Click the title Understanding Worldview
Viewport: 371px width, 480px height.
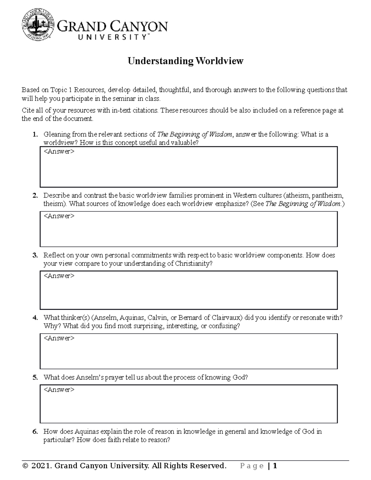pyautogui.click(x=185, y=61)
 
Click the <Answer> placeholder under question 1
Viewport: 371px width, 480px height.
pyautogui.click(x=59, y=152)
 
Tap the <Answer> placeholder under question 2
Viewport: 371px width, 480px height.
pyautogui.click(x=59, y=216)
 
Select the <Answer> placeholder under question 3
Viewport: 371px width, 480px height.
pyautogui.click(x=59, y=276)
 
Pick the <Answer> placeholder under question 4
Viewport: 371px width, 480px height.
pyautogui.click(x=59, y=338)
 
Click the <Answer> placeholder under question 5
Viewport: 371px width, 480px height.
pyautogui.click(x=59, y=390)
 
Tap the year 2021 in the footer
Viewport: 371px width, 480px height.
pyautogui.click(x=41, y=466)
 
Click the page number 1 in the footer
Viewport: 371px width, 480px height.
pyautogui.click(x=275, y=466)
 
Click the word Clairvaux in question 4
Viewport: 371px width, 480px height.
pyautogui.click(x=226, y=318)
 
